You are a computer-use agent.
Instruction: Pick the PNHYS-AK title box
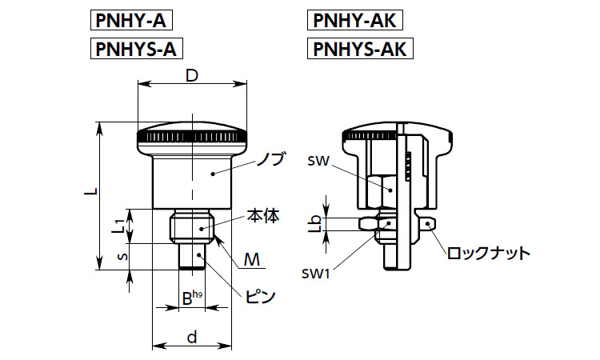pyautogui.click(x=359, y=50)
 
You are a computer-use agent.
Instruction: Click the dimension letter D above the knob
pyautogui.click(x=192, y=76)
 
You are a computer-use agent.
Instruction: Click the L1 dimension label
pyautogui.click(x=118, y=225)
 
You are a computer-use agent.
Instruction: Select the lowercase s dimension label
pyautogui.click(x=121, y=257)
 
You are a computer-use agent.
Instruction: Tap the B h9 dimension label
pyautogui.click(x=191, y=298)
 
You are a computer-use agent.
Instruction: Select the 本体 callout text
pyautogui.click(x=262, y=216)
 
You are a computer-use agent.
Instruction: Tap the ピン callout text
pyautogui.click(x=261, y=295)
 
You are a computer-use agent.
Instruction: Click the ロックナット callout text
pyautogui.click(x=488, y=254)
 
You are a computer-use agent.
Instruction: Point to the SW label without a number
pyautogui.click(x=318, y=161)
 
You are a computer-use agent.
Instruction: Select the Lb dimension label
pyautogui.click(x=317, y=223)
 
